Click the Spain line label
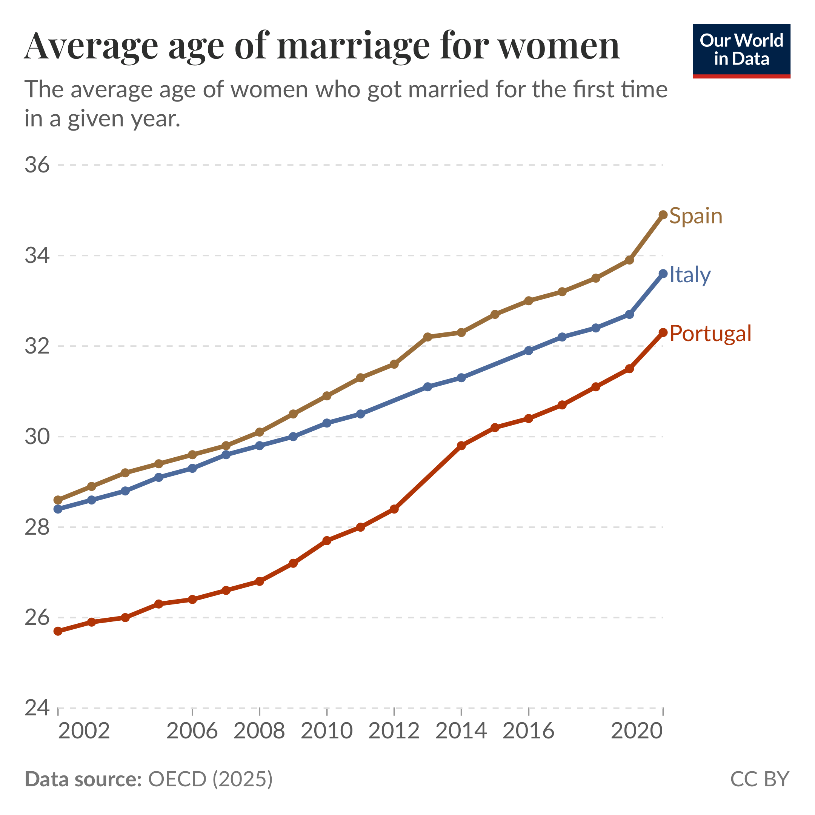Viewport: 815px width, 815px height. coord(696,216)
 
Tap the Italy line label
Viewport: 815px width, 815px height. coord(690,275)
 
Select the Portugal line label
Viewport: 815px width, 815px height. coord(710,334)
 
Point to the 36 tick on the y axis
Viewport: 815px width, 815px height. coord(37,165)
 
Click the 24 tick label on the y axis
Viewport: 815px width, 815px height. coord(37,708)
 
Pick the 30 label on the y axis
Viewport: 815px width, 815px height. coord(37,437)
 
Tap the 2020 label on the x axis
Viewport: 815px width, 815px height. coord(637,730)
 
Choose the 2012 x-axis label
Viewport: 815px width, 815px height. coord(394,730)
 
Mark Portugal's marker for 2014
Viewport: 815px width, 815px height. coord(461,446)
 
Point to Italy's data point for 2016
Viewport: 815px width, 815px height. coord(529,351)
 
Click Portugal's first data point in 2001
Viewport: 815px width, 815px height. coord(58,631)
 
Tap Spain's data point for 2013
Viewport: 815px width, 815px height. coord(428,337)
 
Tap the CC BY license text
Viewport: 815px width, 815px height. coord(759,779)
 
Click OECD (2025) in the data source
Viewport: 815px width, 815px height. coord(211,779)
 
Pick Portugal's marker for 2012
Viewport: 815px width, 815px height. coord(394,509)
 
